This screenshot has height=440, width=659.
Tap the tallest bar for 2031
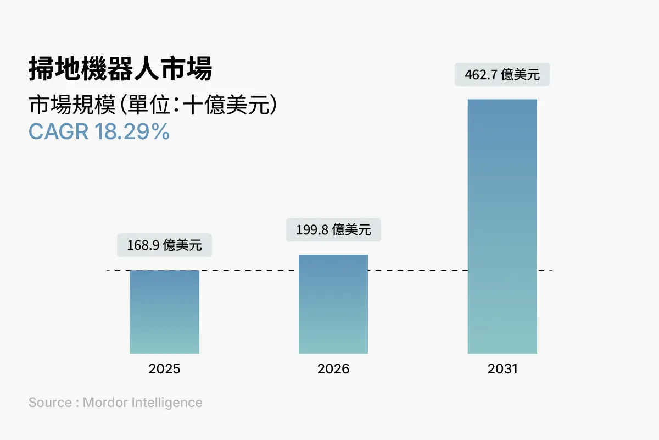(x=502, y=226)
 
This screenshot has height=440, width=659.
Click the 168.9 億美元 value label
(x=164, y=245)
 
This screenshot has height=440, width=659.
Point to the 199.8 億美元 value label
(x=333, y=229)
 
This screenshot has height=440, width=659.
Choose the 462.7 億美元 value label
(x=502, y=74)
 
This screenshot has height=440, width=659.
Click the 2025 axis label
(x=164, y=369)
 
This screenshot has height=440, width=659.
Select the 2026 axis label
(x=333, y=369)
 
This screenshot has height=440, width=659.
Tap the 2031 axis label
(x=502, y=369)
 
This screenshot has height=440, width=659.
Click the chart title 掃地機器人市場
(x=120, y=70)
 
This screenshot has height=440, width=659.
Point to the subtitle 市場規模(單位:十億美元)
(x=152, y=105)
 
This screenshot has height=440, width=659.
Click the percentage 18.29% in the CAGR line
(x=132, y=132)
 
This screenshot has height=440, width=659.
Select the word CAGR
(x=59, y=132)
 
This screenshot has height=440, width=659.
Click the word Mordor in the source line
(x=105, y=403)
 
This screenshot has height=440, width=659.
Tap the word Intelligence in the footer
(x=167, y=403)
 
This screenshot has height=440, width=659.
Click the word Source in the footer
(x=49, y=403)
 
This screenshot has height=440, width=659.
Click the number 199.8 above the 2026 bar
(x=312, y=230)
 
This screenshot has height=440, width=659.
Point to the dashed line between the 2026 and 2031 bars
(x=417, y=270)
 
